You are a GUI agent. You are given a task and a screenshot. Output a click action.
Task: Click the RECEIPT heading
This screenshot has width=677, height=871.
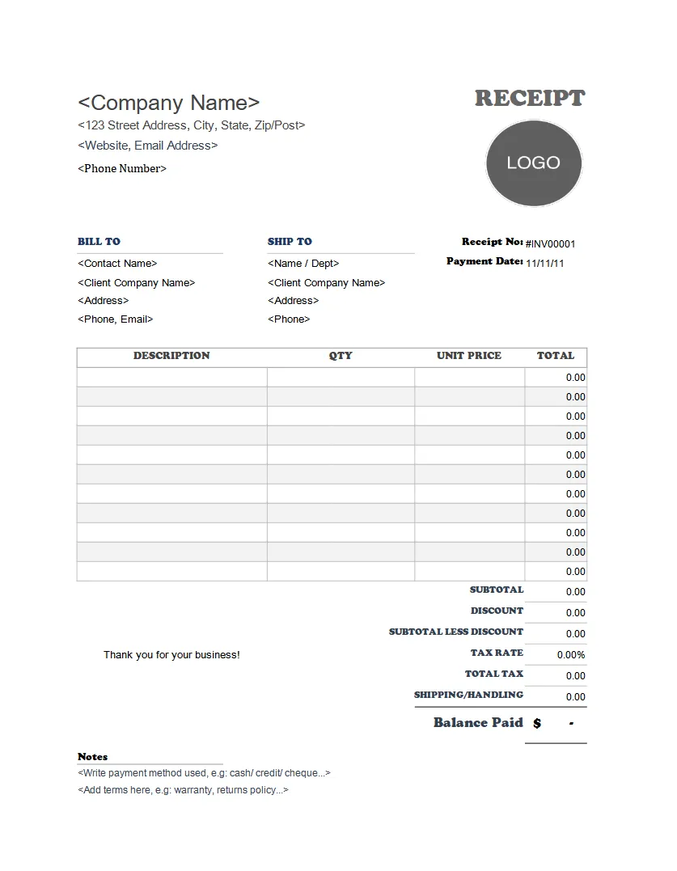point(529,99)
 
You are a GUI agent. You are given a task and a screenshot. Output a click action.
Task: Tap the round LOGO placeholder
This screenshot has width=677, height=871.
point(534,163)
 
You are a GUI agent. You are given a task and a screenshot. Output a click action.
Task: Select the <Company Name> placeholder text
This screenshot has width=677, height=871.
point(169,103)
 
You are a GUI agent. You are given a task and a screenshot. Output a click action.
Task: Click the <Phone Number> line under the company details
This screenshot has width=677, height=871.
point(122,168)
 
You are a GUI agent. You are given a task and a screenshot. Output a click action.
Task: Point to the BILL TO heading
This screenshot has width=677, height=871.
point(99,241)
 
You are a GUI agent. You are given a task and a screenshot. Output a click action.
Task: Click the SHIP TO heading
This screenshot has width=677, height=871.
point(290,241)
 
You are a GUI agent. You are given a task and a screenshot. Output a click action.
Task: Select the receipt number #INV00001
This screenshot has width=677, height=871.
point(551,243)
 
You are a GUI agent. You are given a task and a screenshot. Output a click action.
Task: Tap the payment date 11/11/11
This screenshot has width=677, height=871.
point(545,263)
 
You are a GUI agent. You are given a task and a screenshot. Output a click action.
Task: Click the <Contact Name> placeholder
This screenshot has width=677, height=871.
point(117,263)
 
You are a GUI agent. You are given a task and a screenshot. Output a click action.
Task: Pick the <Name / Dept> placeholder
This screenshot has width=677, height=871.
point(303,263)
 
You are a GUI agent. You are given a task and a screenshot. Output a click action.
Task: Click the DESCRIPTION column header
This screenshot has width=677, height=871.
point(171,355)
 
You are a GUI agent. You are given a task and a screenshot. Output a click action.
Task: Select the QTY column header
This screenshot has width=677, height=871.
point(341,355)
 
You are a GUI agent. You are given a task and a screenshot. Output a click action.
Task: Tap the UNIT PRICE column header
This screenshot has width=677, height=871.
point(469,355)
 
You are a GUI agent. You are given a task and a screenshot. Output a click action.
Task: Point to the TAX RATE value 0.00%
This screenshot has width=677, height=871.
point(571,654)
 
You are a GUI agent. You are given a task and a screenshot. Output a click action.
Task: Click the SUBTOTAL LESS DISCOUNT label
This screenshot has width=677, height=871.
point(456,632)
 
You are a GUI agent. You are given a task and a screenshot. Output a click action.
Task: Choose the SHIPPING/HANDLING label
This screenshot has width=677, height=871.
point(468,695)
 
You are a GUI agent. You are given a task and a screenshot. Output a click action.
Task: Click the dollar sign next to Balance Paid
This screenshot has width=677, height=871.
point(537,723)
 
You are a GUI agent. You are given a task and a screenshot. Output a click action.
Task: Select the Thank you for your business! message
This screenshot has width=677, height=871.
point(171,654)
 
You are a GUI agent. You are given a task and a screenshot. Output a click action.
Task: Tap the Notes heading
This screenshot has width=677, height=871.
point(92,756)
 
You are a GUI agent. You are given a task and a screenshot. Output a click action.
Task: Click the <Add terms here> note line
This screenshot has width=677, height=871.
point(183,789)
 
